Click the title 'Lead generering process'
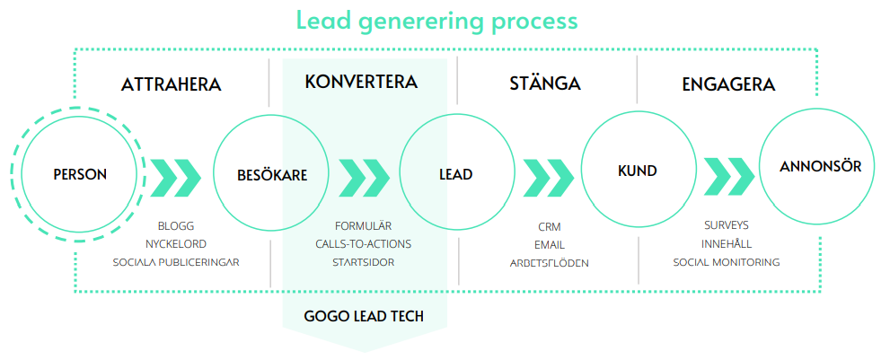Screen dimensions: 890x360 point(437,21)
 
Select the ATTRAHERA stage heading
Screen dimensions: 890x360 point(171,84)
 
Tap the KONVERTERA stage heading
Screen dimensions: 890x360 point(361,82)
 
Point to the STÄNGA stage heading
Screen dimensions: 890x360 point(545,83)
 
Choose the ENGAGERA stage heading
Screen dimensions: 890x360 point(729,84)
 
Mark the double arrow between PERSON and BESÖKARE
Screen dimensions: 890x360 point(176,179)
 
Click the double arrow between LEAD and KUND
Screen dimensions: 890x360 point(549,179)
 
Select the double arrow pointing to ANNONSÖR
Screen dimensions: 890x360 point(729,178)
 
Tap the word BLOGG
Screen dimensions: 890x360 point(176,226)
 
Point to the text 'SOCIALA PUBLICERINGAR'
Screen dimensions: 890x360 point(176,262)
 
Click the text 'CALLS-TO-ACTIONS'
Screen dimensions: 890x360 point(363,244)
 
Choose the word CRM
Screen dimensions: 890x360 point(550,227)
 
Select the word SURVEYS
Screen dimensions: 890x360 point(727,225)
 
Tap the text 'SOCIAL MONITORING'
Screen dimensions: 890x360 point(727,262)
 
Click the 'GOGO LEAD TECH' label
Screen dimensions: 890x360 point(364,316)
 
